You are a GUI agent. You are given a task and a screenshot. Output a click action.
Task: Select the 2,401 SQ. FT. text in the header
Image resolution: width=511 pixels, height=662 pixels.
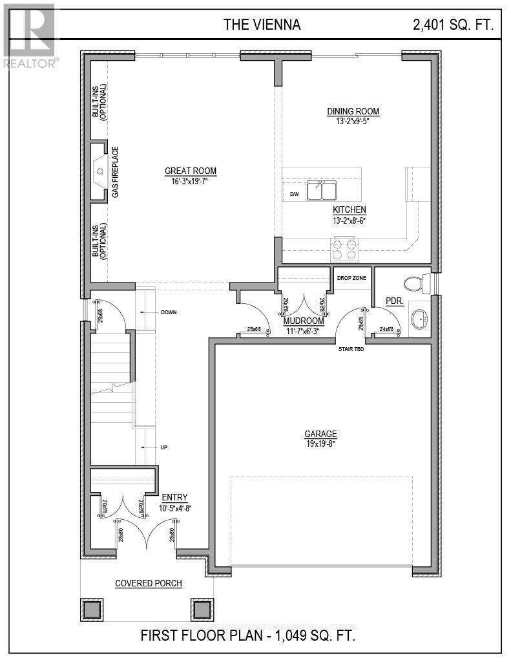pyautogui.click(x=454, y=25)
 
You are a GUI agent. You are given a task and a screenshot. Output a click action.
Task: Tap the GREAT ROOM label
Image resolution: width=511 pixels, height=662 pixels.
pyautogui.click(x=191, y=171)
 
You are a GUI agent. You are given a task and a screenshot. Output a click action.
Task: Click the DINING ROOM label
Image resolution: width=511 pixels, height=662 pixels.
pyautogui.click(x=353, y=111)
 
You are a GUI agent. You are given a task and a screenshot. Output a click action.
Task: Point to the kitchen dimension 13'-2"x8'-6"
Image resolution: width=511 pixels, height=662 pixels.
pyautogui.click(x=349, y=220)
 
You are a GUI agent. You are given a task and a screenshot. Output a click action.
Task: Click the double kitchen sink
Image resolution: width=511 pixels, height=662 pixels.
pyautogui.click(x=322, y=191)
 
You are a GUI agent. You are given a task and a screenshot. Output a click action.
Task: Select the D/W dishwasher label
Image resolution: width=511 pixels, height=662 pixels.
pyautogui.click(x=294, y=193)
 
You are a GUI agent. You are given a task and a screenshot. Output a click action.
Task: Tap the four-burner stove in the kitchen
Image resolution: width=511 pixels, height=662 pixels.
pyautogui.click(x=344, y=249)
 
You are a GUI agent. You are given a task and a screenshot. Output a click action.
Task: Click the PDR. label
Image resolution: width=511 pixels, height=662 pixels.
pyautogui.click(x=395, y=301)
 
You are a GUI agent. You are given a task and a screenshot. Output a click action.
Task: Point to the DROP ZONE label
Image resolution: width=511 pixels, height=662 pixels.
pyautogui.click(x=351, y=277)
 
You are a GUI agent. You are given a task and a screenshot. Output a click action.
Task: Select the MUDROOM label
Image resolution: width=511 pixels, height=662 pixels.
pyautogui.click(x=304, y=321)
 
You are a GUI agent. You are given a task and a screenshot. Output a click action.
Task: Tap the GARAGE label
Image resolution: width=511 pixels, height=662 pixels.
pyautogui.click(x=322, y=434)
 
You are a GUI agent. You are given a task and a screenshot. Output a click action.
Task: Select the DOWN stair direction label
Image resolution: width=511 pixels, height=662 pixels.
pyautogui.click(x=169, y=312)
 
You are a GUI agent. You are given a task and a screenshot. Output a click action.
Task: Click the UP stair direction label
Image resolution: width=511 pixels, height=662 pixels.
pyautogui.click(x=164, y=447)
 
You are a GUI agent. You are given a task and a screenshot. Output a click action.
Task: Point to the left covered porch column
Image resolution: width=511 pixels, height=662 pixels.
pyautogui.click(x=92, y=609)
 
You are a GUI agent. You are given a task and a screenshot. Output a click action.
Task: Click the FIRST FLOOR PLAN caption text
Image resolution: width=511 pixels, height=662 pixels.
pyautogui.click(x=248, y=635)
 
